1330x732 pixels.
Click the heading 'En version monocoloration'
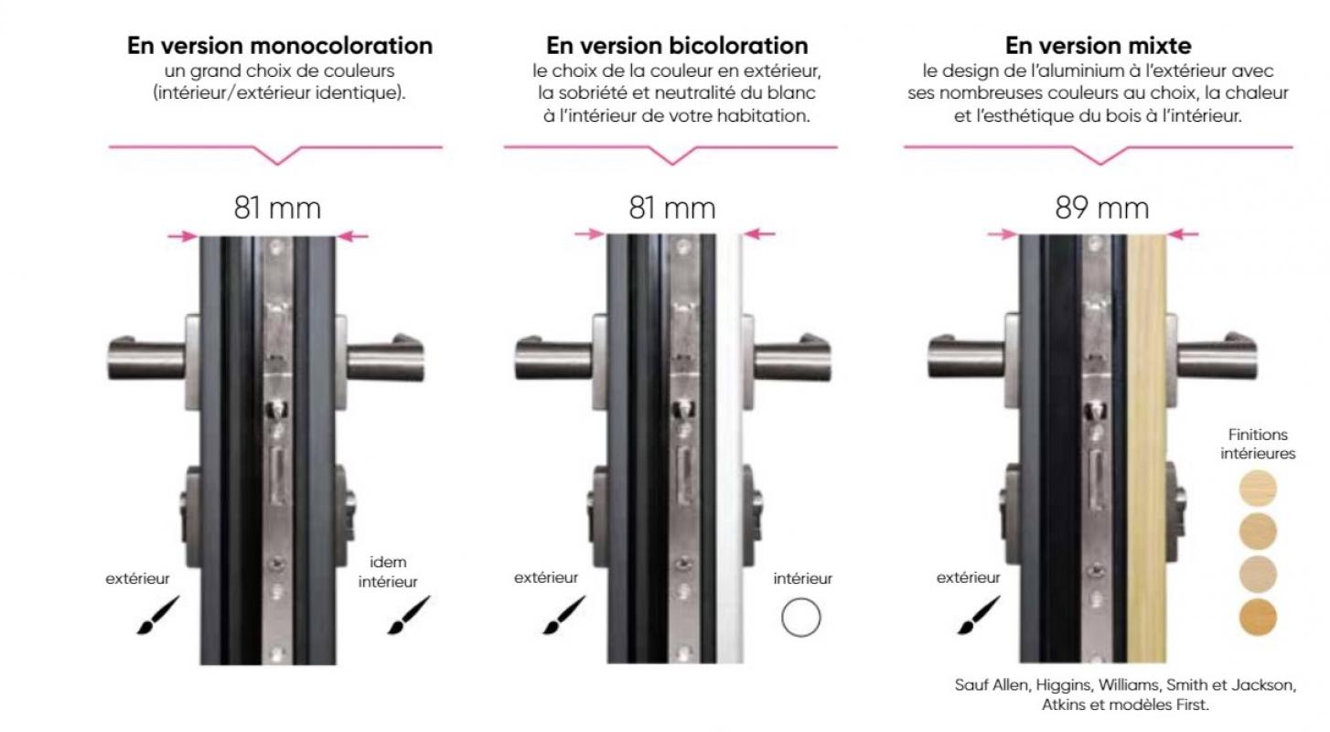click(x=280, y=46)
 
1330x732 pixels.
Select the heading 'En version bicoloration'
click(x=677, y=46)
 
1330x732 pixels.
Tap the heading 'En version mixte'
click(x=1098, y=46)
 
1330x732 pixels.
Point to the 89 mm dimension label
click(x=1102, y=208)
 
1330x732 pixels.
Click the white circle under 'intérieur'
click(x=801, y=618)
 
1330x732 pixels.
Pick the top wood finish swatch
click(x=1258, y=489)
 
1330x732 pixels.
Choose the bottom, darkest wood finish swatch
click(x=1258, y=618)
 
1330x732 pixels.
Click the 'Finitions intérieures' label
click(x=1258, y=444)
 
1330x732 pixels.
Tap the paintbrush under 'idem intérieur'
click(x=409, y=615)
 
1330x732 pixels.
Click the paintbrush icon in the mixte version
click(x=979, y=615)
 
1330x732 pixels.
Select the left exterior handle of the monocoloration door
click(x=146, y=359)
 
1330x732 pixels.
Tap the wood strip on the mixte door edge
click(x=1146, y=448)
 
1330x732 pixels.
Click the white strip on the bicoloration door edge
click(x=730, y=448)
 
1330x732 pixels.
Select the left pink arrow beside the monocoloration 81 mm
click(x=183, y=236)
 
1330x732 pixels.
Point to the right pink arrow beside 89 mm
click(x=1184, y=234)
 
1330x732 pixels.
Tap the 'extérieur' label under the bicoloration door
click(x=546, y=577)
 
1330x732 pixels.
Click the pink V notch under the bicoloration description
click(x=672, y=156)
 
